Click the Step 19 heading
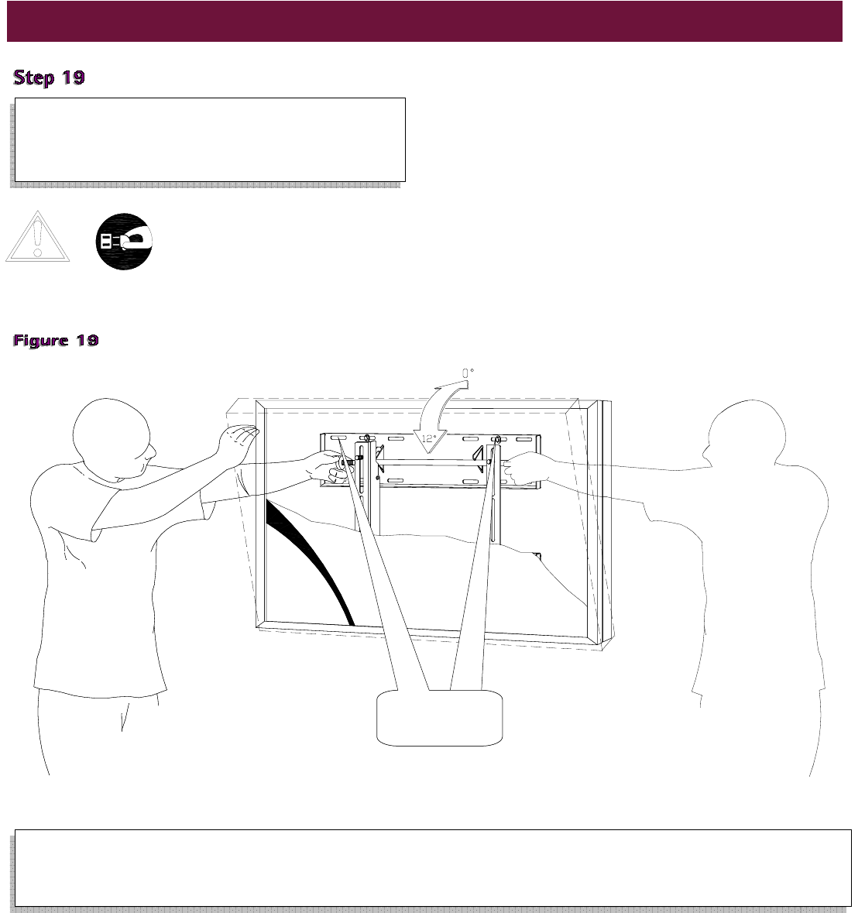[x=49, y=78]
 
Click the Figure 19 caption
[x=56, y=341]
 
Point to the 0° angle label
[x=468, y=372]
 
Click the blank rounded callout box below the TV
[x=439, y=718]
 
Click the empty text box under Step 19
[x=209, y=139]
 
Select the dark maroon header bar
[x=424, y=21]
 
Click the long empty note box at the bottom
[x=433, y=867]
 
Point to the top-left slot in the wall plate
[x=338, y=439]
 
